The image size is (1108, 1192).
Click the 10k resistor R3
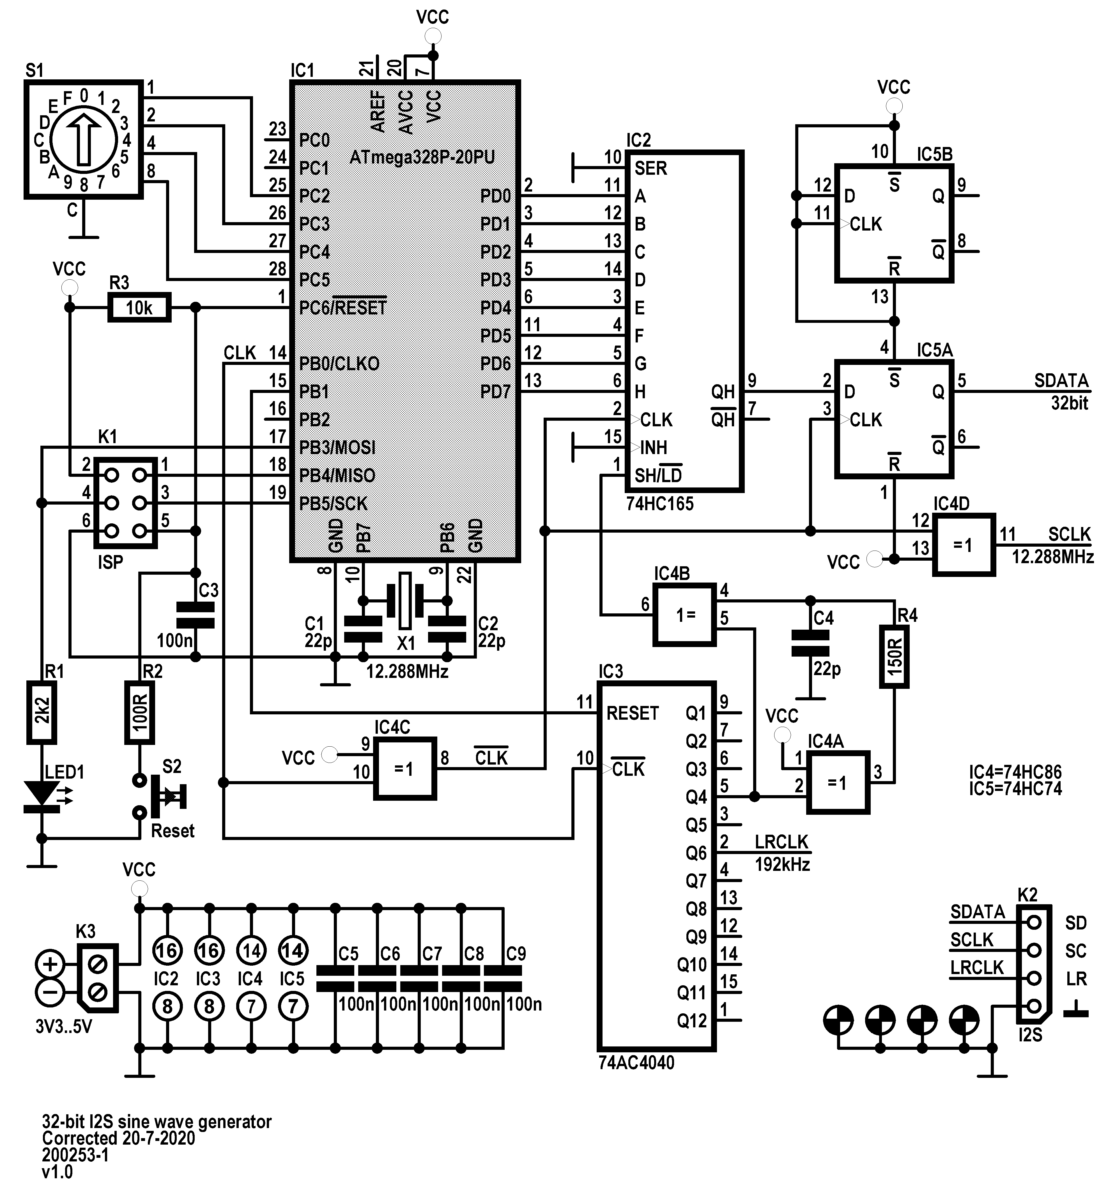pos(139,308)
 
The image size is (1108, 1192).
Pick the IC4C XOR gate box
pos(405,769)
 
